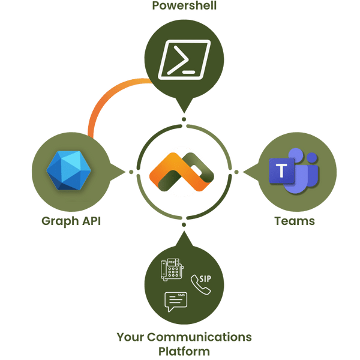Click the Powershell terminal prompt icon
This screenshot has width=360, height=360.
click(184, 60)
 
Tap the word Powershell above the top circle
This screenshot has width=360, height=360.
click(184, 6)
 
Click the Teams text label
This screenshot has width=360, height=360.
click(295, 221)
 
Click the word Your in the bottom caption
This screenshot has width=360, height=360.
click(131, 337)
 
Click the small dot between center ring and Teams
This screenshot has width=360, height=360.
click(238, 173)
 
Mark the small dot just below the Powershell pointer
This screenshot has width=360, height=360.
click(184, 119)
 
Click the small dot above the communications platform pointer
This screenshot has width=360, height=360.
click(183, 224)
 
